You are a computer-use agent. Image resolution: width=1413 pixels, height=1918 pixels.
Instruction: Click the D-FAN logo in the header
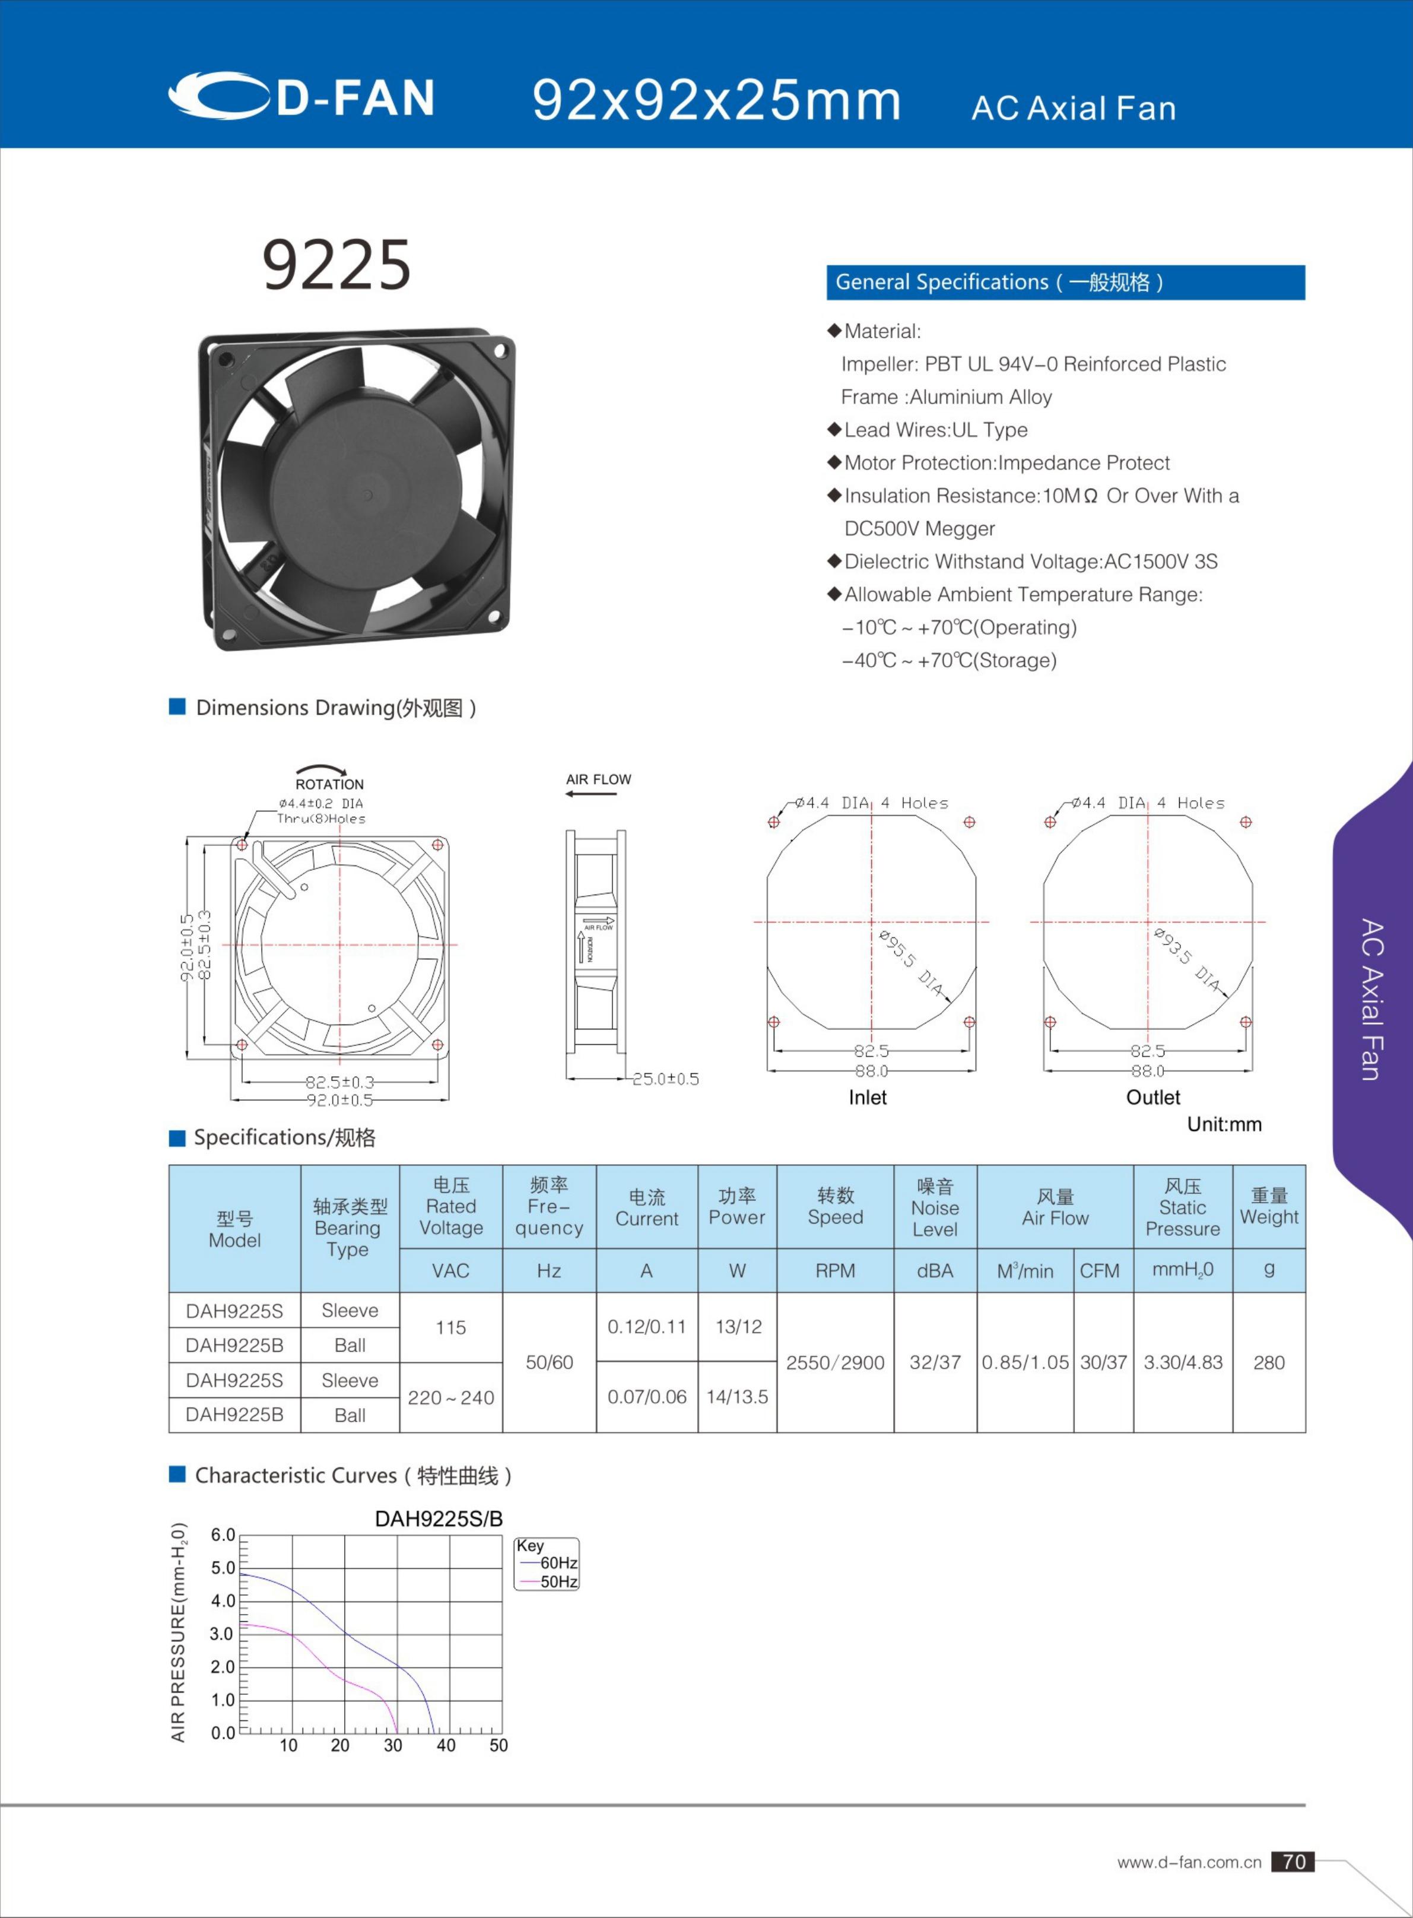click(301, 96)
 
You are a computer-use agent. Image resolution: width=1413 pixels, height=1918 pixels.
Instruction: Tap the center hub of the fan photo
click(366, 494)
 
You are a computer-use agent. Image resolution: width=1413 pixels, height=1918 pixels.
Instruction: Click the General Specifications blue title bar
click(1065, 283)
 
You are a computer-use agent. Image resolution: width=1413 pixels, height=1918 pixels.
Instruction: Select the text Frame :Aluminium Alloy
click(946, 397)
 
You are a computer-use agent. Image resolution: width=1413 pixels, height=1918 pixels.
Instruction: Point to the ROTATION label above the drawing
click(329, 784)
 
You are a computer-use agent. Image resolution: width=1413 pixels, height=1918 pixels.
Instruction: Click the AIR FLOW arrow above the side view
click(592, 794)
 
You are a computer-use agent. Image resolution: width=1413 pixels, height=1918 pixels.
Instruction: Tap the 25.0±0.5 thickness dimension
click(665, 1079)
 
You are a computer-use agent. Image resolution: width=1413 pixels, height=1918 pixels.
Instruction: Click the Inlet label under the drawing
click(867, 1098)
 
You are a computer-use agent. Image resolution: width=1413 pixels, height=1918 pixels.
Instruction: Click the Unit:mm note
click(1224, 1124)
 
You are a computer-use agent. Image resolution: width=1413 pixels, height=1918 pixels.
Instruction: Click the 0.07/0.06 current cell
click(647, 1397)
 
